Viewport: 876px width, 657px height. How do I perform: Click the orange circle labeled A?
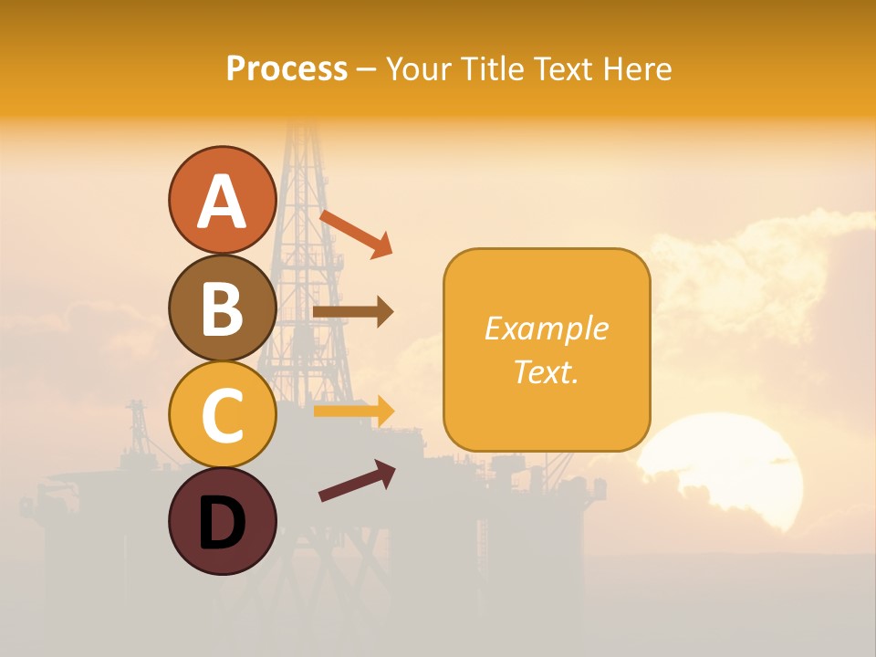[222, 200]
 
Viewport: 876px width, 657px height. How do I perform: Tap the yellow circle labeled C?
[222, 413]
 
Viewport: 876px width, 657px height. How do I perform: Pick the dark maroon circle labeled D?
[222, 521]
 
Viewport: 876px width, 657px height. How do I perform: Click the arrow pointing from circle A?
[357, 234]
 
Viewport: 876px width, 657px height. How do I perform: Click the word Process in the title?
[287, 69]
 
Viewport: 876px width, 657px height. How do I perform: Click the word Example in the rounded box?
[546, 328]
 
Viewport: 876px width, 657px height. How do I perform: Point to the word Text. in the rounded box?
[546, 371]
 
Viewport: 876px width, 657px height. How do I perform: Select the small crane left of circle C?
[139, 424]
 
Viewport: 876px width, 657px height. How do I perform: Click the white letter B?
[222, 308]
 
